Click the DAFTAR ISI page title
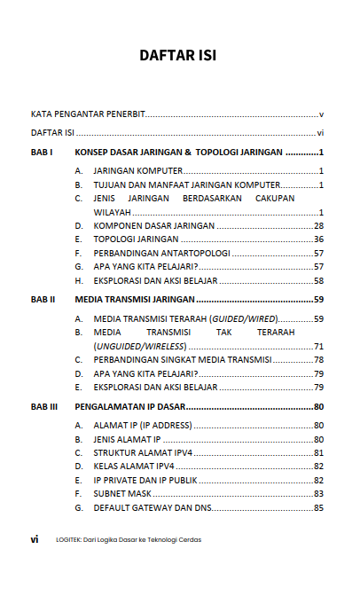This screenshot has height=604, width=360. pyautogui.click(x=178, y=56)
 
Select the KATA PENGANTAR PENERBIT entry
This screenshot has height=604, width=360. pyautogui.click(x=88, y=114)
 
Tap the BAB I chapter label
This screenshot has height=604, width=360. pyautogui.click(x=43, y=153)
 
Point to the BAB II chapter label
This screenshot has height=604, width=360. pyautogui.click(x=43, y=300)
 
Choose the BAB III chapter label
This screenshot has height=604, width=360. pyautogui.click(x=44, y=407)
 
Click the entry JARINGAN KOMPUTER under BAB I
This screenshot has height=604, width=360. pyautogui.click(x=137, y=170)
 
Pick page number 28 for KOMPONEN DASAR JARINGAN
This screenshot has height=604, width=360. pyautogui.click(x=318, y=226)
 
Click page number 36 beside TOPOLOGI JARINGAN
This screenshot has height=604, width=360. pyautogui.click(x=318, y=239)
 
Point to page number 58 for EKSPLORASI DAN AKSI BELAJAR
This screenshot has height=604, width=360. pyautogui.click(x=318, y=280)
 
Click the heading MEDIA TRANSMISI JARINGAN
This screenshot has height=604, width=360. pyautogui.click(x=137, y=300)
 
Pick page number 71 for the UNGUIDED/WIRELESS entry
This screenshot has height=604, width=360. pyautogui.click(x=318, y=345)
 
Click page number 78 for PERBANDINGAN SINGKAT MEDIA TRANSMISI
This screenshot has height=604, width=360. pyautogui.click(x=318, y=359)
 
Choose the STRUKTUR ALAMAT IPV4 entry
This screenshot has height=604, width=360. pyautogui.click(x=143, y=452)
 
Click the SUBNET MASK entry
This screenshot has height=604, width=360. pyautogui.click(x=124, y=493)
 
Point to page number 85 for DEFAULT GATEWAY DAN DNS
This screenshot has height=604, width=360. pyautogui.click(x=318, y=507)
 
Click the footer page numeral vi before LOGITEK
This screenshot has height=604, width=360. pyautogui.click(x=34, y=538)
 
